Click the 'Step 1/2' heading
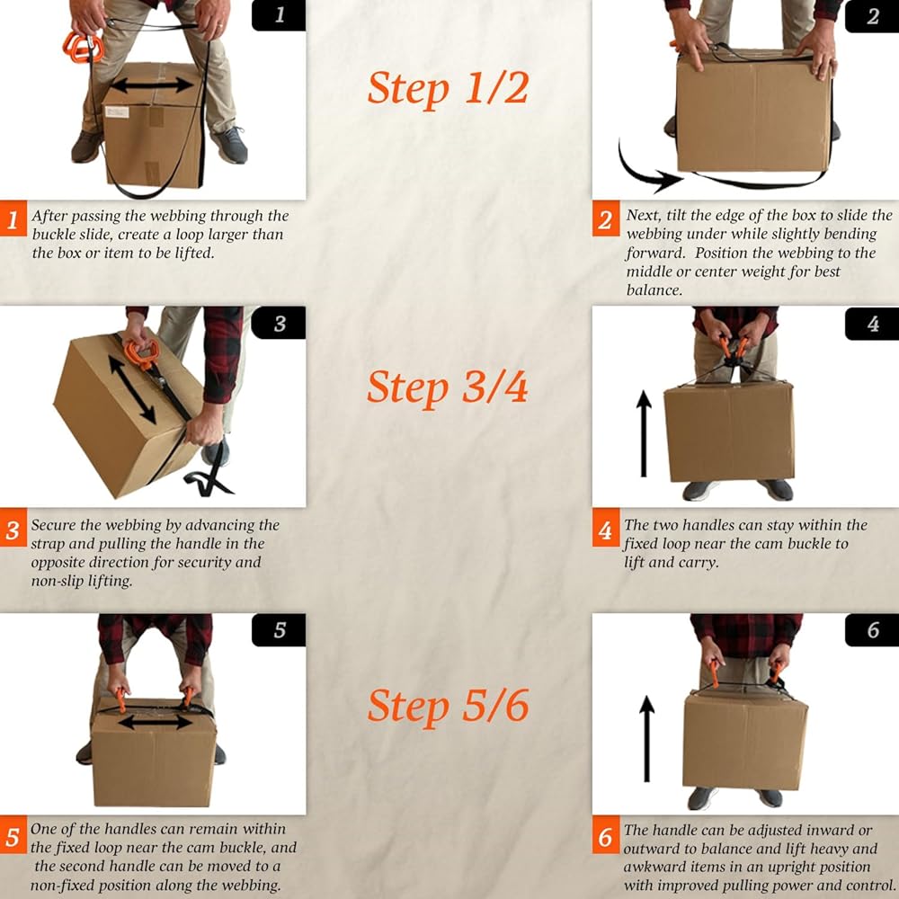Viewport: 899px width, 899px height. [447, 89]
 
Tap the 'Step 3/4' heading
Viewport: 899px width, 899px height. [447, 387]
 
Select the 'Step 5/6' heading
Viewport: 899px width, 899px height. [447, 706]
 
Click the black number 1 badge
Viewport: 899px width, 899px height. [279, 15]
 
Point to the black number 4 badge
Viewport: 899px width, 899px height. [872, 324]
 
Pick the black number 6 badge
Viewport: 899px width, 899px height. [872, 629]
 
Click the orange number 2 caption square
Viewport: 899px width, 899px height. [605, 218]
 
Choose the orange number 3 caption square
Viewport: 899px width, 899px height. [13, 529]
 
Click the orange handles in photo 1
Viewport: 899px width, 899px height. [84, 47]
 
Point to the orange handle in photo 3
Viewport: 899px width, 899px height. [141, 352]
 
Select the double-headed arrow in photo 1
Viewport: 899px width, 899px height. [152, 85]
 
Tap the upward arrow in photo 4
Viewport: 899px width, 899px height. [644, 433]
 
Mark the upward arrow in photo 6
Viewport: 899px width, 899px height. [646, 738]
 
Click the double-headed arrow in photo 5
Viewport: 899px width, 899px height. [156, 723]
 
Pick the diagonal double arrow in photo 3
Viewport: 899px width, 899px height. [132, 390]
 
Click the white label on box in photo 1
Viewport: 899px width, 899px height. [117, 112]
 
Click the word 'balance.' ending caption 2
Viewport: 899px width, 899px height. [654, 289]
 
